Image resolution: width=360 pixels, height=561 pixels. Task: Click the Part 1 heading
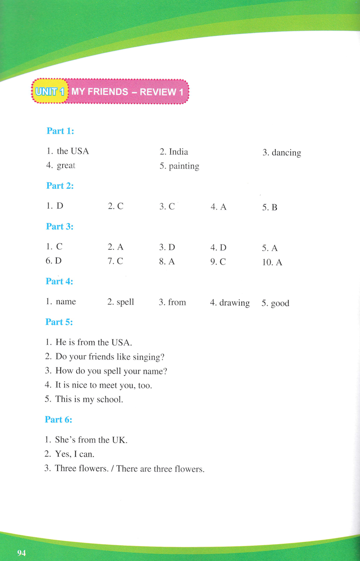coord(60,131)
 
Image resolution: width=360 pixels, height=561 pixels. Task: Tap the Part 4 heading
coord(59,281)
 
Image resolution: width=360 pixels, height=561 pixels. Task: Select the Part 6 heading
coord(58,419)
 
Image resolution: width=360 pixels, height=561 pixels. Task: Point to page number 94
coord(22,553)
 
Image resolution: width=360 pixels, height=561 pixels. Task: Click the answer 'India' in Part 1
coord(179,151)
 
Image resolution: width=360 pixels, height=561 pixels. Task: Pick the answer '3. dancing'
coord(281,152)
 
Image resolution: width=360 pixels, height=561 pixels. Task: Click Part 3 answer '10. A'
coord(272,262)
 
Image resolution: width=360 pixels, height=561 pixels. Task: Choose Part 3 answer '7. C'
coord(115,261)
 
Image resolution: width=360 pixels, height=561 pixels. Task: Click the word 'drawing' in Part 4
coord(235,303)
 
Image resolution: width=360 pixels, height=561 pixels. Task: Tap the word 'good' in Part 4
coord(280,303)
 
